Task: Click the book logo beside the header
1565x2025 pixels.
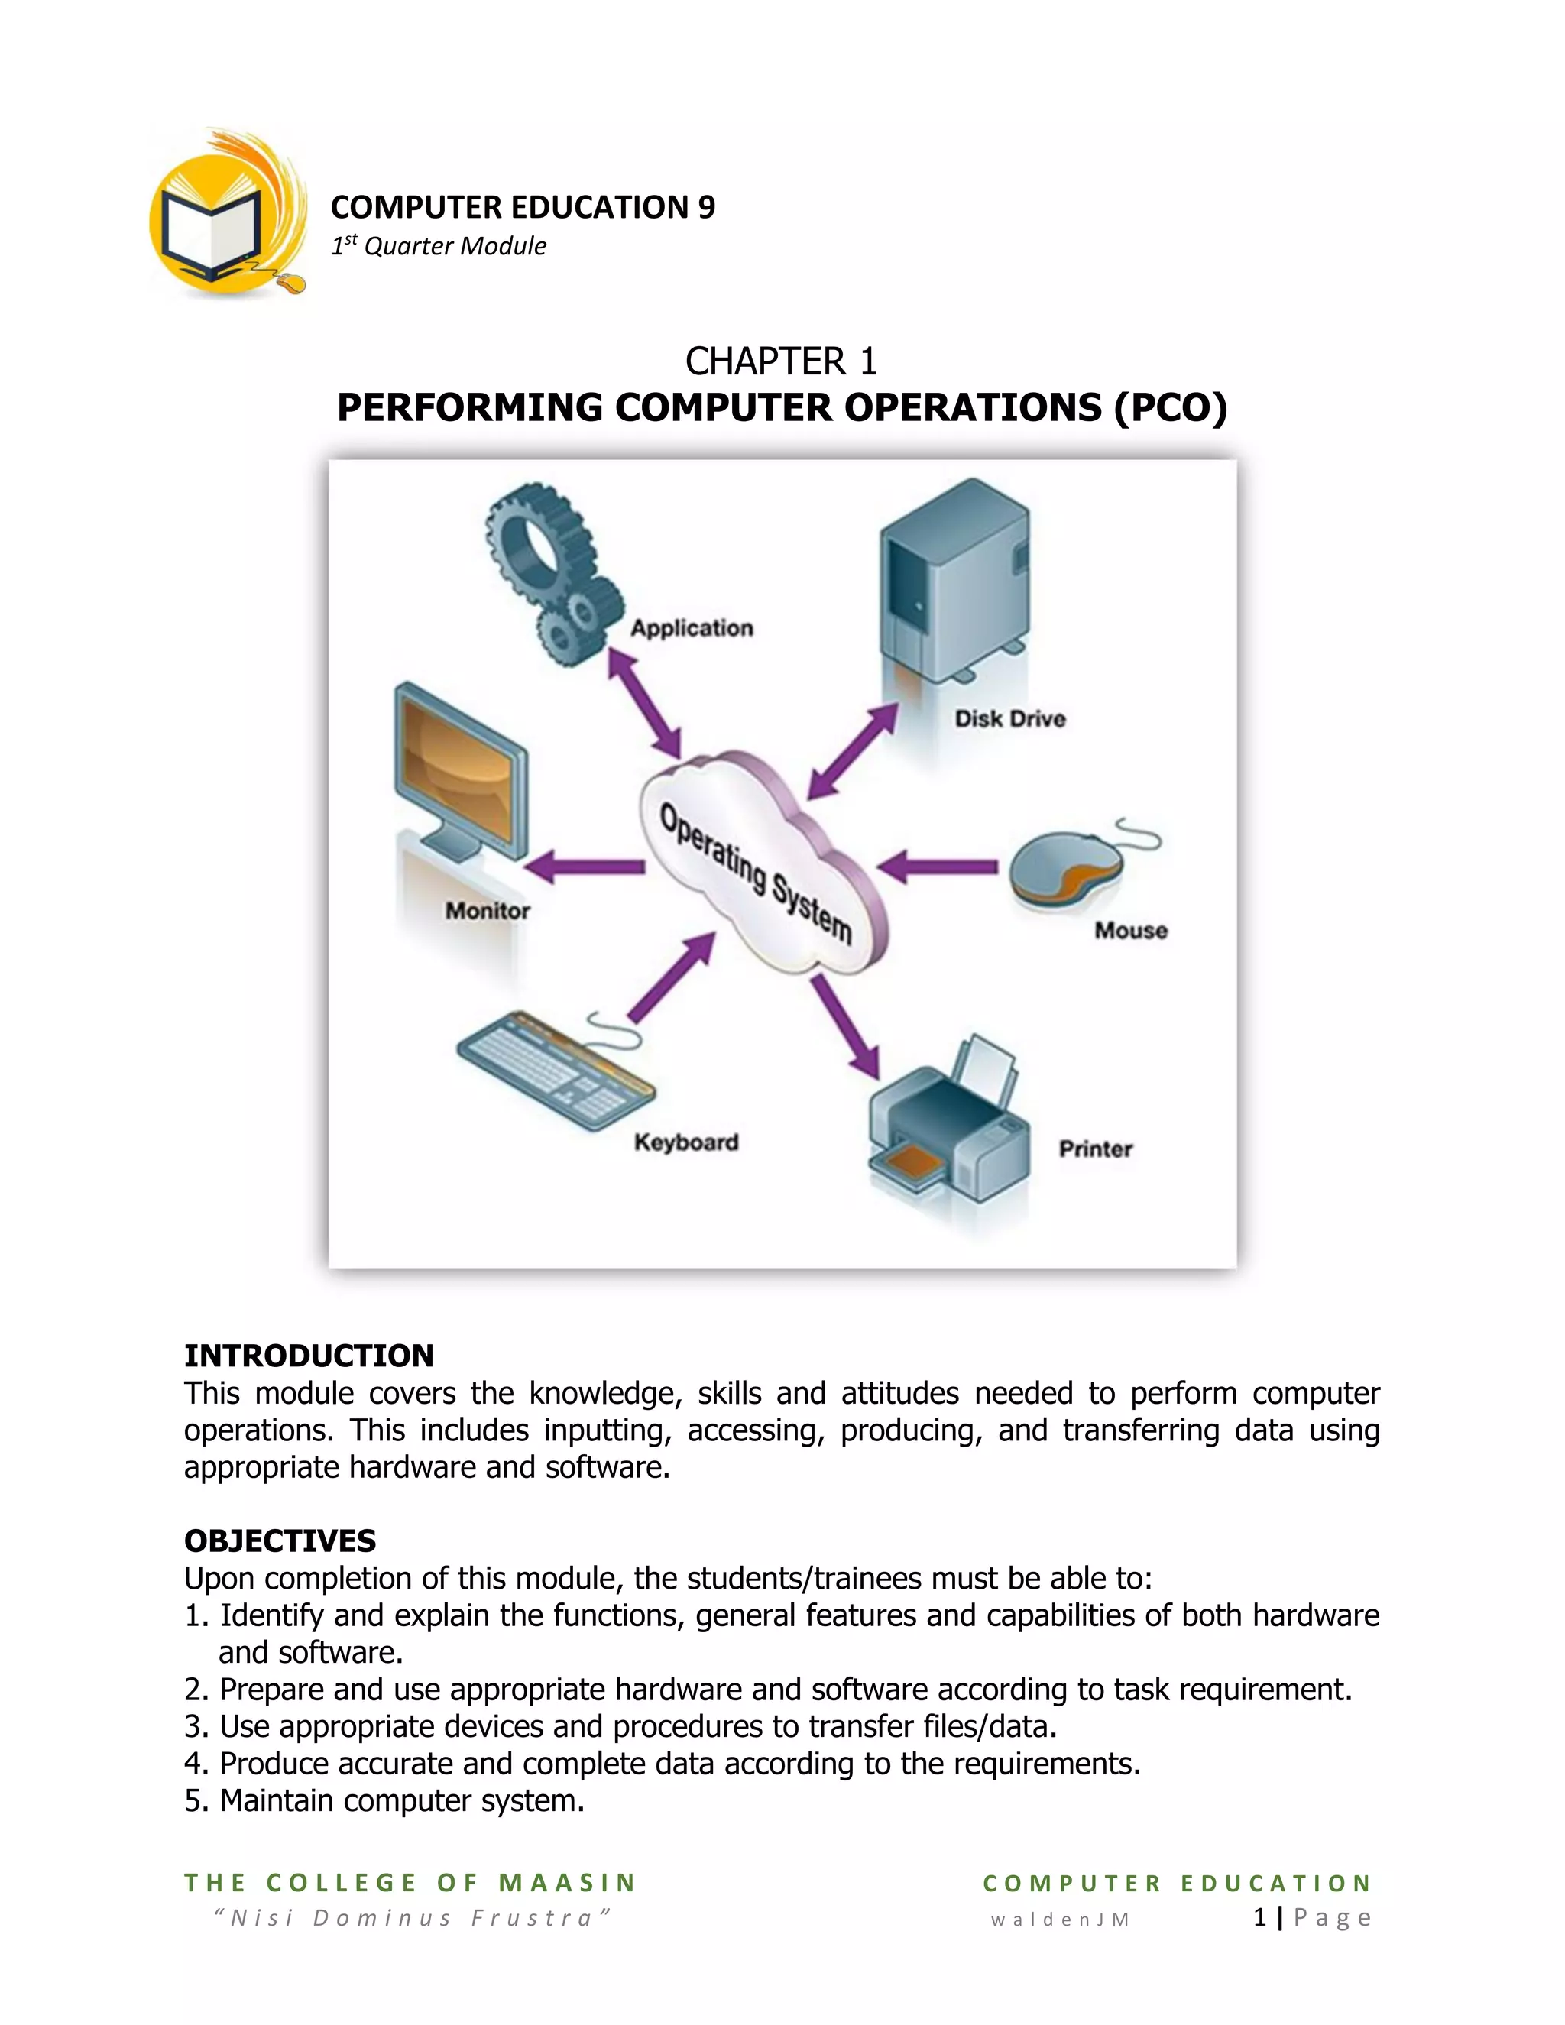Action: (x=227, y=218)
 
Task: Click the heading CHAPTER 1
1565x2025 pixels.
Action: (x=781, y=361)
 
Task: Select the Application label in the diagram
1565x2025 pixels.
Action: (x=692, y=627)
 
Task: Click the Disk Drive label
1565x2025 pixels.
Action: (x=1009, y=718)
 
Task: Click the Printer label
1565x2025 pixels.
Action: (x=1095, y=1149)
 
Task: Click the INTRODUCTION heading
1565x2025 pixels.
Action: (x=309, y=1356)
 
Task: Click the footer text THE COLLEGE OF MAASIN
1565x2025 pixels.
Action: (x=410, y=1882)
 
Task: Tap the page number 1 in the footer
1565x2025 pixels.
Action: (x=1259, y=1917)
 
